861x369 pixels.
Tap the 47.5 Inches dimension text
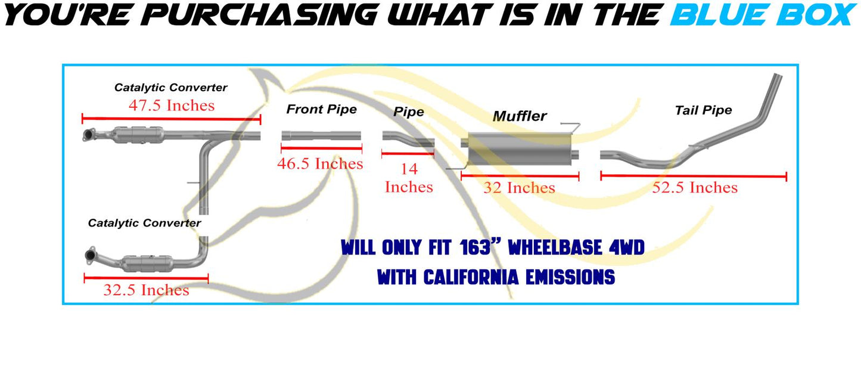(x=171, y=106)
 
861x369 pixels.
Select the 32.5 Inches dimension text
(x=146, y=290)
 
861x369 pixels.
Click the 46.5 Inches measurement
(x=320, y=163)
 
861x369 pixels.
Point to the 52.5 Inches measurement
(x=695, y=188)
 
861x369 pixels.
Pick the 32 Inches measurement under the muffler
(x=519, y=188)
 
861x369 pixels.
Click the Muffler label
(x=519, y=116)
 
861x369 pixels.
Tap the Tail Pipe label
(x=703, y=110)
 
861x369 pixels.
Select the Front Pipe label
(x=321, y=109)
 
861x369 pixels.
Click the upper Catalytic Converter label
(x=170, y=88)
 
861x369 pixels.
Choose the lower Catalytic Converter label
(x=144, y=223)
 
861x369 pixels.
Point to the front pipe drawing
(x=321, y=136)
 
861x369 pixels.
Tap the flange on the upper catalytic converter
(x=89, y=136)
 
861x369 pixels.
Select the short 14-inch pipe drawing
(x=408, y=138)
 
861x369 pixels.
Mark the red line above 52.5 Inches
(x=694, y=176)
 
